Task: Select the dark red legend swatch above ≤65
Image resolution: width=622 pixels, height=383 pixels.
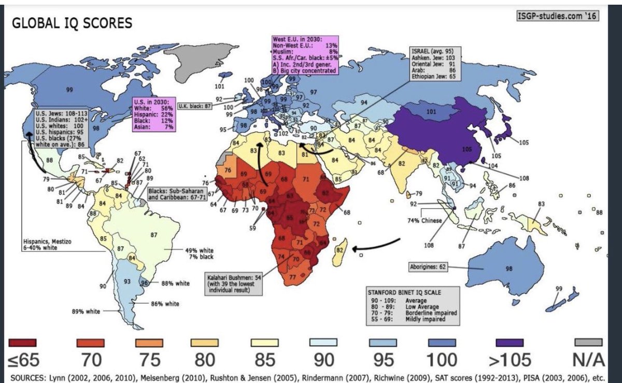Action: click(22, 342)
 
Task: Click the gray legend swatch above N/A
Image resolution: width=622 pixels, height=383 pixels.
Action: click(588, 342)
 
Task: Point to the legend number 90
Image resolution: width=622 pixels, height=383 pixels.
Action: click(323, 359)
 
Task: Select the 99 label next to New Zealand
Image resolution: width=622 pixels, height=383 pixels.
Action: click(558, 288)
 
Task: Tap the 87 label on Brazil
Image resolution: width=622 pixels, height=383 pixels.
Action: click(153, 235)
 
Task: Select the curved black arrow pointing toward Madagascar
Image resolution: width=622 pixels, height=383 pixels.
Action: click(376, 246)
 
